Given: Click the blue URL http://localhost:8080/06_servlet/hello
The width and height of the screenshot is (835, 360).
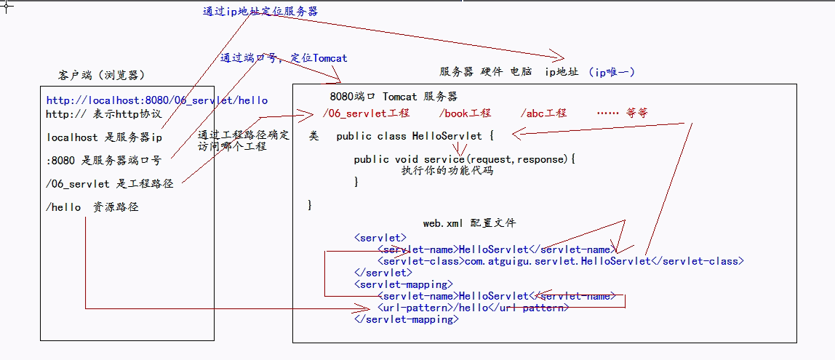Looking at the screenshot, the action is pyautogui.click(x=156, y=100).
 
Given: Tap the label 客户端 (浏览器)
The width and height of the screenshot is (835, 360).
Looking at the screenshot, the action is pyautogui.click(x=101, y=76).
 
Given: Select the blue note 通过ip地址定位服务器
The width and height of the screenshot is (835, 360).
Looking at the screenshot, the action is pyautogui.click(x=260, y=12).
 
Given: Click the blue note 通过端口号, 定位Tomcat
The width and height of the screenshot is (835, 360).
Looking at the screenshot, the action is pyautogui.click(x=284, y=58).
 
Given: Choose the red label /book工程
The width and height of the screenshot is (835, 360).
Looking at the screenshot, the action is pyautogui.click(x=465, y=113).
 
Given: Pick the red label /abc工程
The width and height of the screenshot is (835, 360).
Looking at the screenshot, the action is pyautogui.click(x=543, y=113).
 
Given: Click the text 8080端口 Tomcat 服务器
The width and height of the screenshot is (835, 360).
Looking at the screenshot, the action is pyautogui.click(x=393, y=97).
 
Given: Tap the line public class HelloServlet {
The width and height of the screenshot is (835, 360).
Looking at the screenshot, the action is pyautogui.click(x=415, y=136).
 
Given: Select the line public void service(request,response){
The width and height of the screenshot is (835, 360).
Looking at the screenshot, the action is pyautogui.click(x=464, y=159).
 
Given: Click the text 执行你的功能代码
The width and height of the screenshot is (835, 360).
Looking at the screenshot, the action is pyautogui.click(x=447, y=171).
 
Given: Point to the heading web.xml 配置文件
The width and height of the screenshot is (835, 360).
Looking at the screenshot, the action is pyautogui.click(x=469, y=223).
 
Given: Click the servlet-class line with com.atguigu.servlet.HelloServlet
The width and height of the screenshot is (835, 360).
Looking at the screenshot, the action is pyautogui.click(x=560, y=261).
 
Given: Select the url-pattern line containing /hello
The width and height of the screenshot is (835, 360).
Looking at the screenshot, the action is pyautogui.click(x=473, y=308).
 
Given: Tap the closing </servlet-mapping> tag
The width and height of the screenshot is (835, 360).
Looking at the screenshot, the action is pyautogui.click(x=406, y=319).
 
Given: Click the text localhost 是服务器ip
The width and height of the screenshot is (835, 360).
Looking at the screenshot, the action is pyautogui.click(x=104, y=137).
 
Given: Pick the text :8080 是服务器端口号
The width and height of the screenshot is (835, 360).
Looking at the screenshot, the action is pyautogui.click(x=104, y=160).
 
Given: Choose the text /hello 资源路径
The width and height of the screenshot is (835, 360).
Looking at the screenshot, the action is pyautogui.click(x=92, y=207).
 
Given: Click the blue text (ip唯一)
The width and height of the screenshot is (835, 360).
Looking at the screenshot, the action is pyautogui.click(x=612, y=72).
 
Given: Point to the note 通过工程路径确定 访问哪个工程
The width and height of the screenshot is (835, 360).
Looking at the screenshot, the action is pyautogui.click(x=243, y=140).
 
